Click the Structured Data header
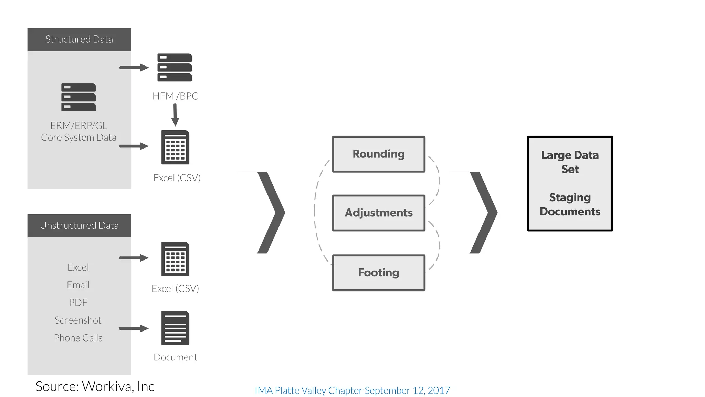[79, 39]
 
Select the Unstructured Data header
[79, 225]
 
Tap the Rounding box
[379, 154]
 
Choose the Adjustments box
[379, 213]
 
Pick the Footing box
[379, 273]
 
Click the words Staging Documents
[570, 204]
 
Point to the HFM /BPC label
[175, 96]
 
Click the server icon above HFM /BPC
[175, 68]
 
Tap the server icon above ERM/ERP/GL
[78, 97]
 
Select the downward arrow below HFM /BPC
[175, 115]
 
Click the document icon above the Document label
[175, 328]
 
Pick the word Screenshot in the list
[78, 320]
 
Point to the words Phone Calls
[78, 338]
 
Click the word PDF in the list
[78, 303]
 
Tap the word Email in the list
[78, 285]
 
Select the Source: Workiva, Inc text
[95, 386]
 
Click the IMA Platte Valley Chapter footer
[352, 390]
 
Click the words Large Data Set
[570, 162]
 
